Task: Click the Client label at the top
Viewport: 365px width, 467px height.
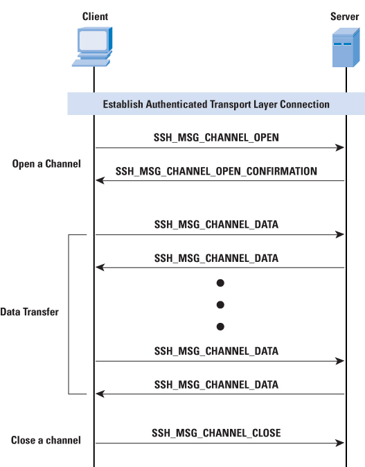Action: tap(95, 17)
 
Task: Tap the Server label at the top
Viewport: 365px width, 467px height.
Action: tap(344, 17)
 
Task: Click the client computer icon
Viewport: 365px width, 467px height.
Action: tap(92, 46)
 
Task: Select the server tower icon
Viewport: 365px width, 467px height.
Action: tap(346, 48)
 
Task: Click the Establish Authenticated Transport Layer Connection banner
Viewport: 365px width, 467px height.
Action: tap(216, 104)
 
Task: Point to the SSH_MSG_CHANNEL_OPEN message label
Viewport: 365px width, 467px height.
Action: tap(216, 138)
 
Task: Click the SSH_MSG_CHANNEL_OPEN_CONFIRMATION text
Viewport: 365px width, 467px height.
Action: tap(216, 171)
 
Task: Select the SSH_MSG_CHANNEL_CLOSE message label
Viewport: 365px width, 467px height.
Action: tap(216, 433)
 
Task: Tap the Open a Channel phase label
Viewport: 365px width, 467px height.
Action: tap(46, 164)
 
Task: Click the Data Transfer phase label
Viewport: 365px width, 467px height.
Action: tap(30, 312)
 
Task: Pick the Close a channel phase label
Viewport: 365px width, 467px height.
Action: tap(46, 440)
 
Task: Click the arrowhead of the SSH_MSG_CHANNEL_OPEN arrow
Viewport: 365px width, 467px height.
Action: tap(340, 148)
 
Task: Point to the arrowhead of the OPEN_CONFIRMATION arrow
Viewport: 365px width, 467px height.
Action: tap(100, 180)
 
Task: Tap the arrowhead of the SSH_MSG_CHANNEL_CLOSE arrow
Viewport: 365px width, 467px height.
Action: tap(340, 443)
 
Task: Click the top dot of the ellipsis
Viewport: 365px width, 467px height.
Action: tap(220, 283)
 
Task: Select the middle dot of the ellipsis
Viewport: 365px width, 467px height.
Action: tap(220, 305)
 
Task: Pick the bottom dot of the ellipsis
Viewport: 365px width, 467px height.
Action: tap(220, 327)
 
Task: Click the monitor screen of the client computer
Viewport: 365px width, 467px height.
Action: tap(94, 40)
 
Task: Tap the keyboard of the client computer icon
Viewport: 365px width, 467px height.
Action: tap(91, 63)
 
